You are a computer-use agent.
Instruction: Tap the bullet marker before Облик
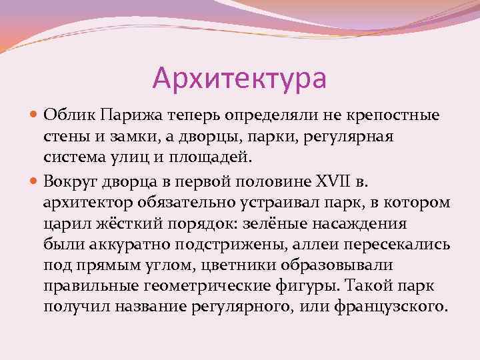(35, 115)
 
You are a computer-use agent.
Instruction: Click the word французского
(390, 308)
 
